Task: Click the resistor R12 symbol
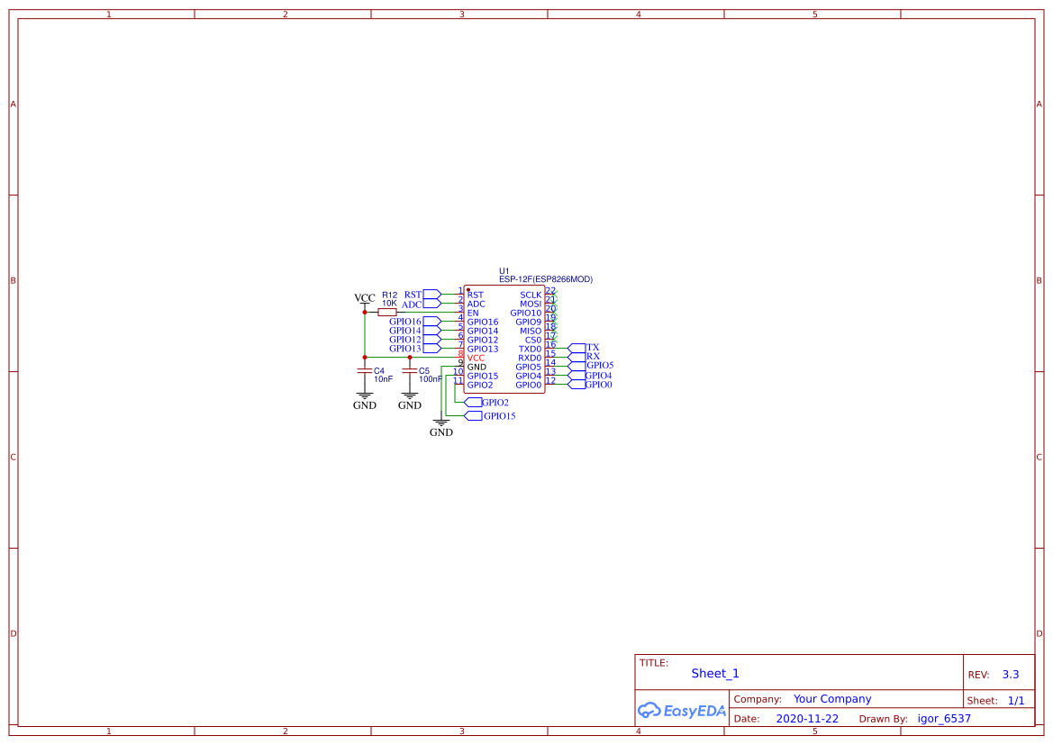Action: [x=387, y=313]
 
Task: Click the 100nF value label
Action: [x=431, y=379]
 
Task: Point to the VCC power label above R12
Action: [x=365, y=298]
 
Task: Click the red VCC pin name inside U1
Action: [x=476, y=358]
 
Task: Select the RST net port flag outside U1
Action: [x=431, y=295]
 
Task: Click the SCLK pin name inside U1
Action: [x=531, y=295]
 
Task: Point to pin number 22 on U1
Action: [x=550, y=290]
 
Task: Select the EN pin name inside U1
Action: [x=473, y=313]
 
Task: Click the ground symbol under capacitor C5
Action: [x=410, y=395]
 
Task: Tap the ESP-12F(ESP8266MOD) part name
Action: [x=546, y=279]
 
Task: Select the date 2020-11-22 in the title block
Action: [x=807, y=719]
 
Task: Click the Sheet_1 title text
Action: [x=715, y=673]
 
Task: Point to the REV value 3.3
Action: [x=1010, y=674]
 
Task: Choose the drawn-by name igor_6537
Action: [x=944, y=719]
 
